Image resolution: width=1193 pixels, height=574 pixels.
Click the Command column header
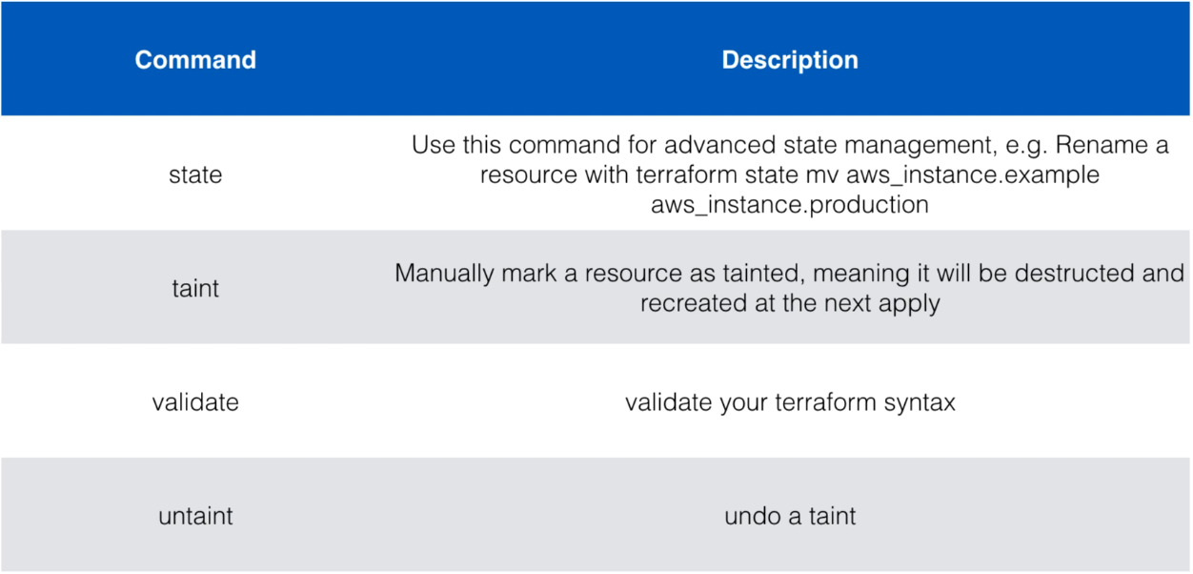click(195, 60)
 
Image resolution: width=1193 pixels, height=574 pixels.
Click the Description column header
click(790, 60)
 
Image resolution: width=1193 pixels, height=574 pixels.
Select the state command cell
click(195, 174)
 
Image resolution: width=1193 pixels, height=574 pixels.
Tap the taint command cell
click(195, 288)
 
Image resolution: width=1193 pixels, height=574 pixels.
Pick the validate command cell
click(195, 401)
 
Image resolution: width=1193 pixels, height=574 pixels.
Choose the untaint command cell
click(195, 516)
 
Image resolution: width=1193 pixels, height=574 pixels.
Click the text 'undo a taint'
click(790, 516)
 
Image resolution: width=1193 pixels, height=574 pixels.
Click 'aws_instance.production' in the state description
click(790, 205)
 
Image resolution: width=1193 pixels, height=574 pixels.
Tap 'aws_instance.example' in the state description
click(973, 175)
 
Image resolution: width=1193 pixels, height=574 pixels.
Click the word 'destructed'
click(1074, 273)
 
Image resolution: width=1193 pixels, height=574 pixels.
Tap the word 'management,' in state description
click(920, 146)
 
